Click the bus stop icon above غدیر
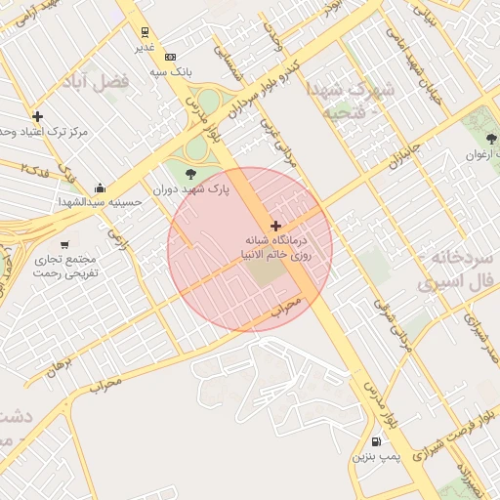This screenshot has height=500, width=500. [146, 31]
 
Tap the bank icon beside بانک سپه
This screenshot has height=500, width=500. [171, 57]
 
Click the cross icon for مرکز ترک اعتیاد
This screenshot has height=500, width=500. [37, 116]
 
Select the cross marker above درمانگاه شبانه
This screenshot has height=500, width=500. [275, 226]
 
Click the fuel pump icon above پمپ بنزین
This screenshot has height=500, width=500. [377, 439]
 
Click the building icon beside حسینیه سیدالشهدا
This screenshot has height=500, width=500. [100, 187]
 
